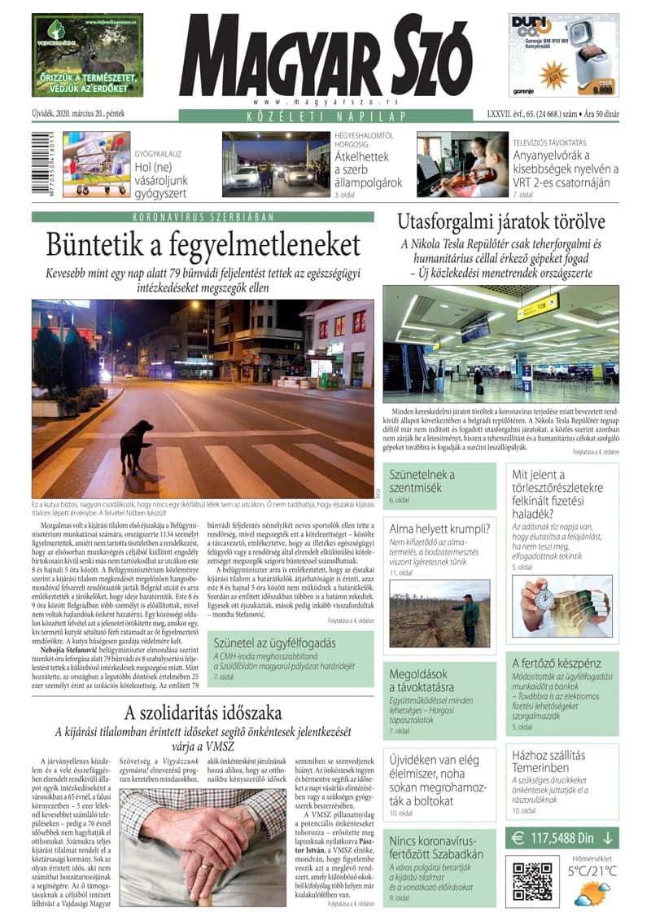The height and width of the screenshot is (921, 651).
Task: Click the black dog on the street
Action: pos(134,443)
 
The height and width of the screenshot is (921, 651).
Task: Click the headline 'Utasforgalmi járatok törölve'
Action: pos(500,221)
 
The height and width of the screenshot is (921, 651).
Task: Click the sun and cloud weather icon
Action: pos(592,897)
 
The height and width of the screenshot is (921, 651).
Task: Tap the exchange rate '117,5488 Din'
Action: pos(562,837)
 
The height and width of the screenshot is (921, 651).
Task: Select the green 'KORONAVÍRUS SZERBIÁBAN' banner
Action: pos(203,217)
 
